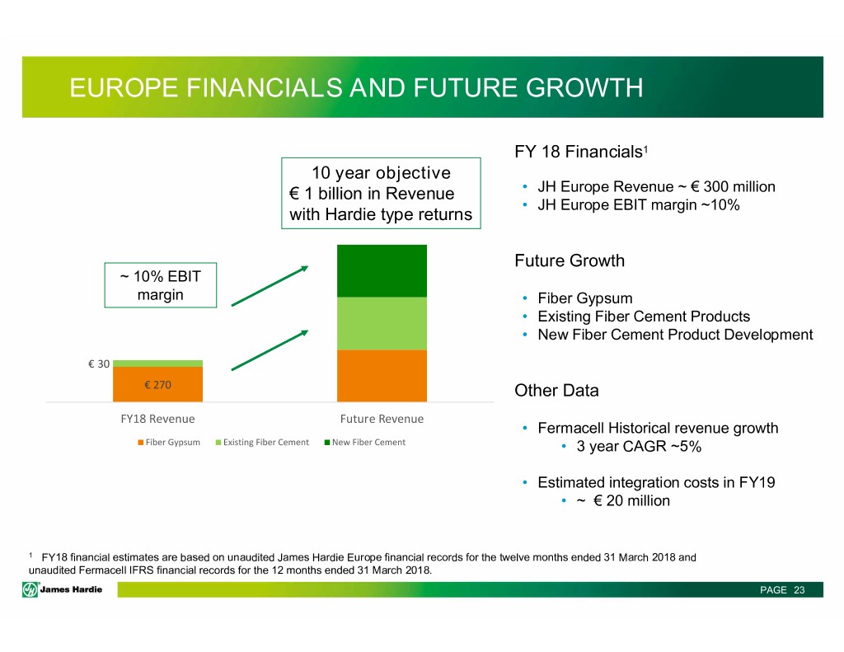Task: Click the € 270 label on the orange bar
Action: [x=157, y=385]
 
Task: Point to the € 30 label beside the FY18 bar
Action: [x=99, y=364]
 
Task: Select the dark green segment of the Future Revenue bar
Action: [x=382, y=271]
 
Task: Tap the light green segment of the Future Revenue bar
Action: [x=382, y=324]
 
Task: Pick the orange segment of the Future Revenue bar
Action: [x=382, y=376]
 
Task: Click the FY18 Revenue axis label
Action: [x=157, y=419]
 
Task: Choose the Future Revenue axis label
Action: [x=382, y=419]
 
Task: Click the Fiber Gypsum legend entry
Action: [x=169, y=442]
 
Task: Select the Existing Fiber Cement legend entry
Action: [x=262, y=442]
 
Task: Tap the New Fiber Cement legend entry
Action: [x=365, y=442]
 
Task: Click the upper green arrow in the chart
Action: [x=270, y=286]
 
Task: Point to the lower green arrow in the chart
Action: [x=270, y=350]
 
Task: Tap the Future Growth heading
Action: [x=570, y=260]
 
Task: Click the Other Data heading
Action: [x=556, y=391]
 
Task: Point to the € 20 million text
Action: [x=631, y=500]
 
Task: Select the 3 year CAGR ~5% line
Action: [x=639, y=446]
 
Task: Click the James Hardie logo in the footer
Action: [x=63, y=589]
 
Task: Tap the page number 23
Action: [x=799, y=590]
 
